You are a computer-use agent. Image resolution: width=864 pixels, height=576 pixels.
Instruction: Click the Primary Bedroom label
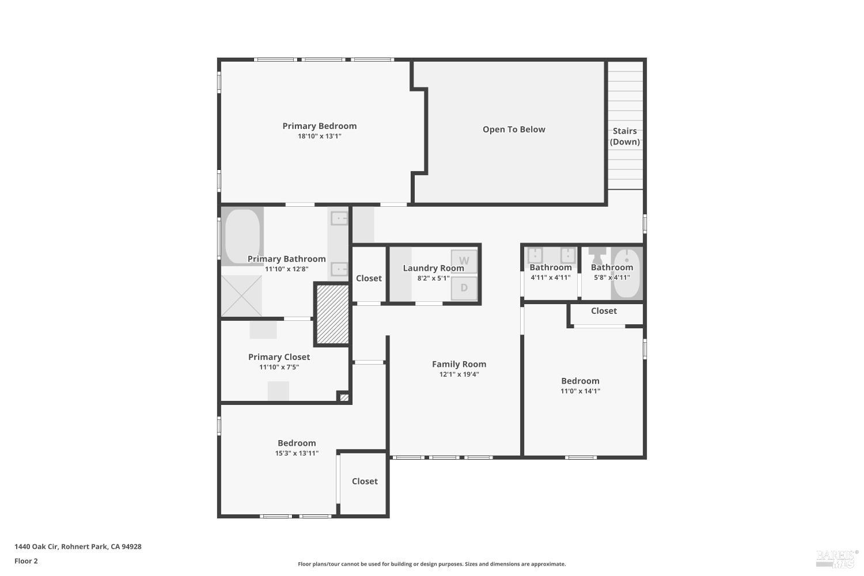319,126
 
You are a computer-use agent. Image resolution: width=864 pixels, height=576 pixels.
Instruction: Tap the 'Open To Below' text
514,130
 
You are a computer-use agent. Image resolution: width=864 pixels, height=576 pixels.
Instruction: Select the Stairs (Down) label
624,137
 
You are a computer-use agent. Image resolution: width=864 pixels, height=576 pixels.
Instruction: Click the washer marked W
464,261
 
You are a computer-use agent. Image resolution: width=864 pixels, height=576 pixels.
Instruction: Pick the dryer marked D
464,288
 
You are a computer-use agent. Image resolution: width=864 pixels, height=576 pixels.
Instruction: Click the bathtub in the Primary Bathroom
242,236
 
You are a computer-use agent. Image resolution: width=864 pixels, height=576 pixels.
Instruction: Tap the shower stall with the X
241,295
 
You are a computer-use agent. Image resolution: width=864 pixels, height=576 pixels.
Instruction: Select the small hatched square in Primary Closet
344,397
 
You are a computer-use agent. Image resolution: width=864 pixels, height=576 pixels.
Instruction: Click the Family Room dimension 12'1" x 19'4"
459,374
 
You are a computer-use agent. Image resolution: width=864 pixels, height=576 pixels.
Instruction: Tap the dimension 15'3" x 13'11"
297,453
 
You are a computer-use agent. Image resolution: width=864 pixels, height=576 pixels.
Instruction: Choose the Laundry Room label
433,268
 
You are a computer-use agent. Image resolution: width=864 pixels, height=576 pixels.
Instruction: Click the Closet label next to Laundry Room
369,279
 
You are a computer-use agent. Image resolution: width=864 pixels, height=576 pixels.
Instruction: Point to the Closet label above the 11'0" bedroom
604,311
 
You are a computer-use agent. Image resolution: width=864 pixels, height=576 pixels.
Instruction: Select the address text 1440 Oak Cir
78,547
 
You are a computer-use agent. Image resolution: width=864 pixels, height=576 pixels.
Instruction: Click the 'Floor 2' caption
26,561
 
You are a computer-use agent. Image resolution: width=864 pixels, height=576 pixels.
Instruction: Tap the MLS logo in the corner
836,557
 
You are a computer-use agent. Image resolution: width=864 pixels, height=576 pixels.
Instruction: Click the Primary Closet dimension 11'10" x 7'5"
279,367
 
